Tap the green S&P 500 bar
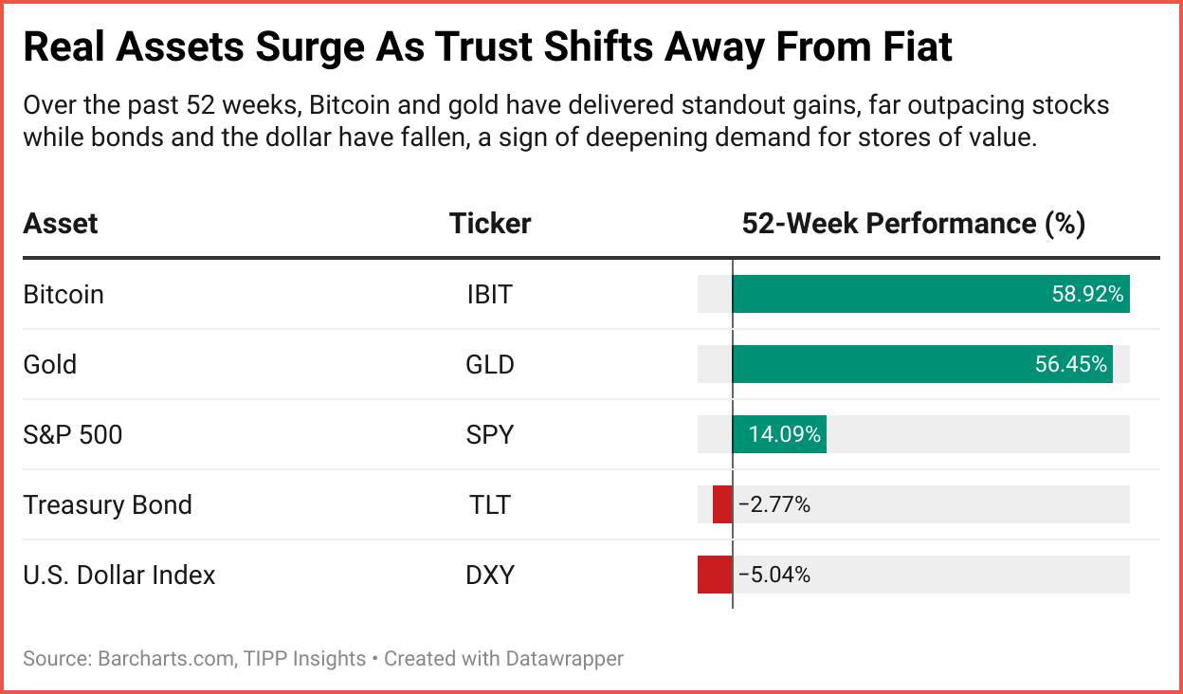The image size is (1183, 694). tap(779, 434)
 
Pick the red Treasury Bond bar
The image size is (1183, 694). tap(722, 504)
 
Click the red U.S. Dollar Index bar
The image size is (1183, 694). tap(715, 575)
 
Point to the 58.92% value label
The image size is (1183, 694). tap(1087, 294)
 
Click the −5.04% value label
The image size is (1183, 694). tap(774, 575)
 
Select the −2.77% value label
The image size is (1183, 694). tap(774, 504)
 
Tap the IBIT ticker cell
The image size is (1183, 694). tap(489, 294)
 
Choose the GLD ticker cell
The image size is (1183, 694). tap(489, 364)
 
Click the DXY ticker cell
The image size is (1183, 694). tap(489, 575)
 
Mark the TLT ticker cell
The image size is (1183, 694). tap(489, 504)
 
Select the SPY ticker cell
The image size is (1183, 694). tap(489, 434)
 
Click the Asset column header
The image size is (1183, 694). tap(61, 224)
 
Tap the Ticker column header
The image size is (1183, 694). tap(489, 224)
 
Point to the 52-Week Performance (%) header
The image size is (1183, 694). tap(913, 224)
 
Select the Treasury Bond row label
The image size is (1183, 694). tap(107, 504)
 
